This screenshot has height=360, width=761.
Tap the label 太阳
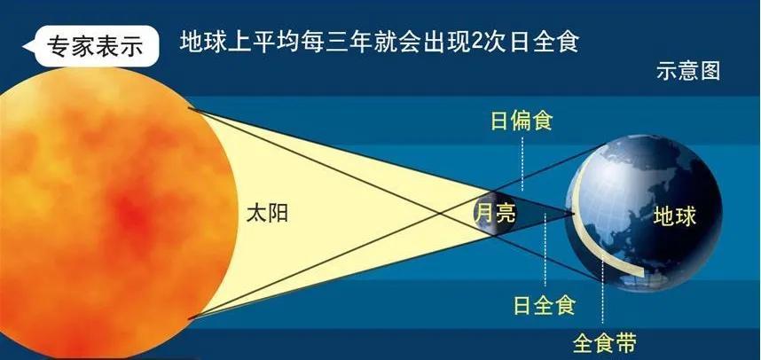coord(267,214)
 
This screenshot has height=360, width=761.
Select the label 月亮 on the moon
coord(495,213)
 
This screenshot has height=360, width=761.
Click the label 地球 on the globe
coord(675,215)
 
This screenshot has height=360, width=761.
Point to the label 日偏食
coord(522,121)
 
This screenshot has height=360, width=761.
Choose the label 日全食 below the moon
coord(545,306)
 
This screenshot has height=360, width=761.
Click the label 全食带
coord(604,342)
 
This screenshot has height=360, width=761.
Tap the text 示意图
coord(687,72)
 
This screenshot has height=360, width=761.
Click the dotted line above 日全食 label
coord(545,257)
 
